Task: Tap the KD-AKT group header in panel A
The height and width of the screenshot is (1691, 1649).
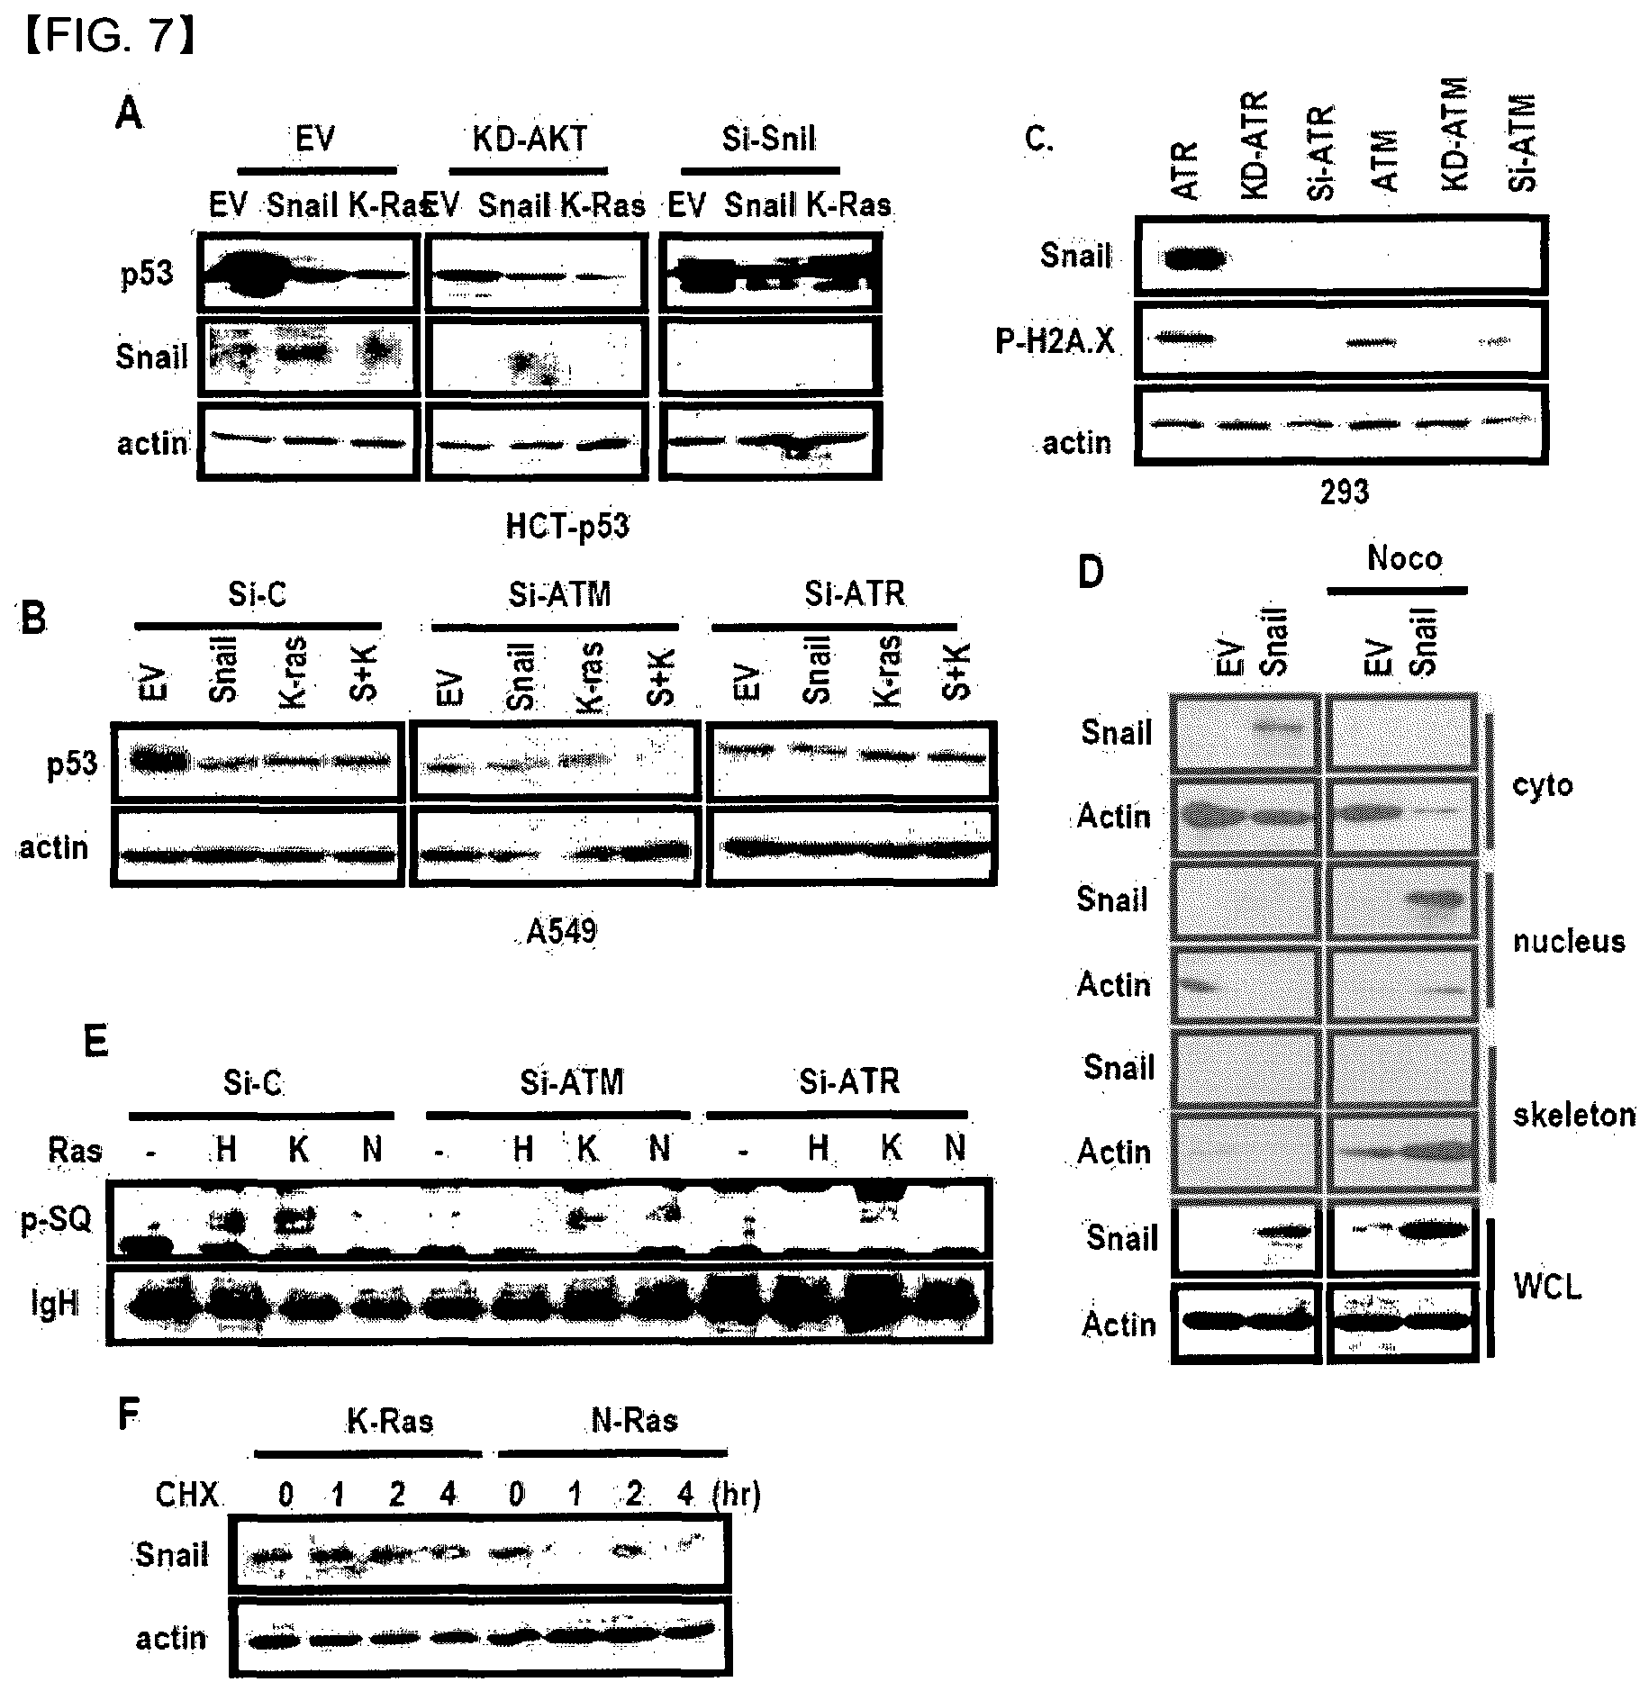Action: pyautogui.click(x=530, y=139)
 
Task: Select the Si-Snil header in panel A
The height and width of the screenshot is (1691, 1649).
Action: pyautogui.click(x=769, y=139)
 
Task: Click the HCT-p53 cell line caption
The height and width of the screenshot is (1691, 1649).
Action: pyautogui.click(x=567, y=526)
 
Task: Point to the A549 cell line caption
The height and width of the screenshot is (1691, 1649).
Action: pyautogui.click(x=561, y=930)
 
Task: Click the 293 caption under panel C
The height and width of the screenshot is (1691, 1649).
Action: pyautogui.click(x=1345, y=492)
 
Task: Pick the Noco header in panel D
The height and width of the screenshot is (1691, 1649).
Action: pyautogui.click(x=1404, y=558)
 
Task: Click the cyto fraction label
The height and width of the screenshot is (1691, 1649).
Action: pyautogui.click(x=1543, y=785)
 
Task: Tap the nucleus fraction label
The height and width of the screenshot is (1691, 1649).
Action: pyautogui.click(x=1569, y=942)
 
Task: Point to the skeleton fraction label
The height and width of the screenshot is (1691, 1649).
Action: pyautogui.click(x=1573, y=1115)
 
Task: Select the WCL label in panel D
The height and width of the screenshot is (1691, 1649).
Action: pyautogui.click(x=1547, y=1287)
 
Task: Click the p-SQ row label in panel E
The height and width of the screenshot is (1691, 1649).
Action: pyautogui.click(x=57, y=1221)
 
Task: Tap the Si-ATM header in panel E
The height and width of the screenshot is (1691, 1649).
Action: pyautogui.click(x=572, y=1081)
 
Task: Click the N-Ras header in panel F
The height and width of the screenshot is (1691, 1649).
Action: pyautogui.click(x=635, y=1421)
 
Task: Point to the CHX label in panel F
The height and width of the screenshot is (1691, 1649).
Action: pyautogui.click(x=187, y=1496)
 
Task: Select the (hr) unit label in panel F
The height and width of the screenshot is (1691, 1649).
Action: pyautogui.click(x=736, y=1496)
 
